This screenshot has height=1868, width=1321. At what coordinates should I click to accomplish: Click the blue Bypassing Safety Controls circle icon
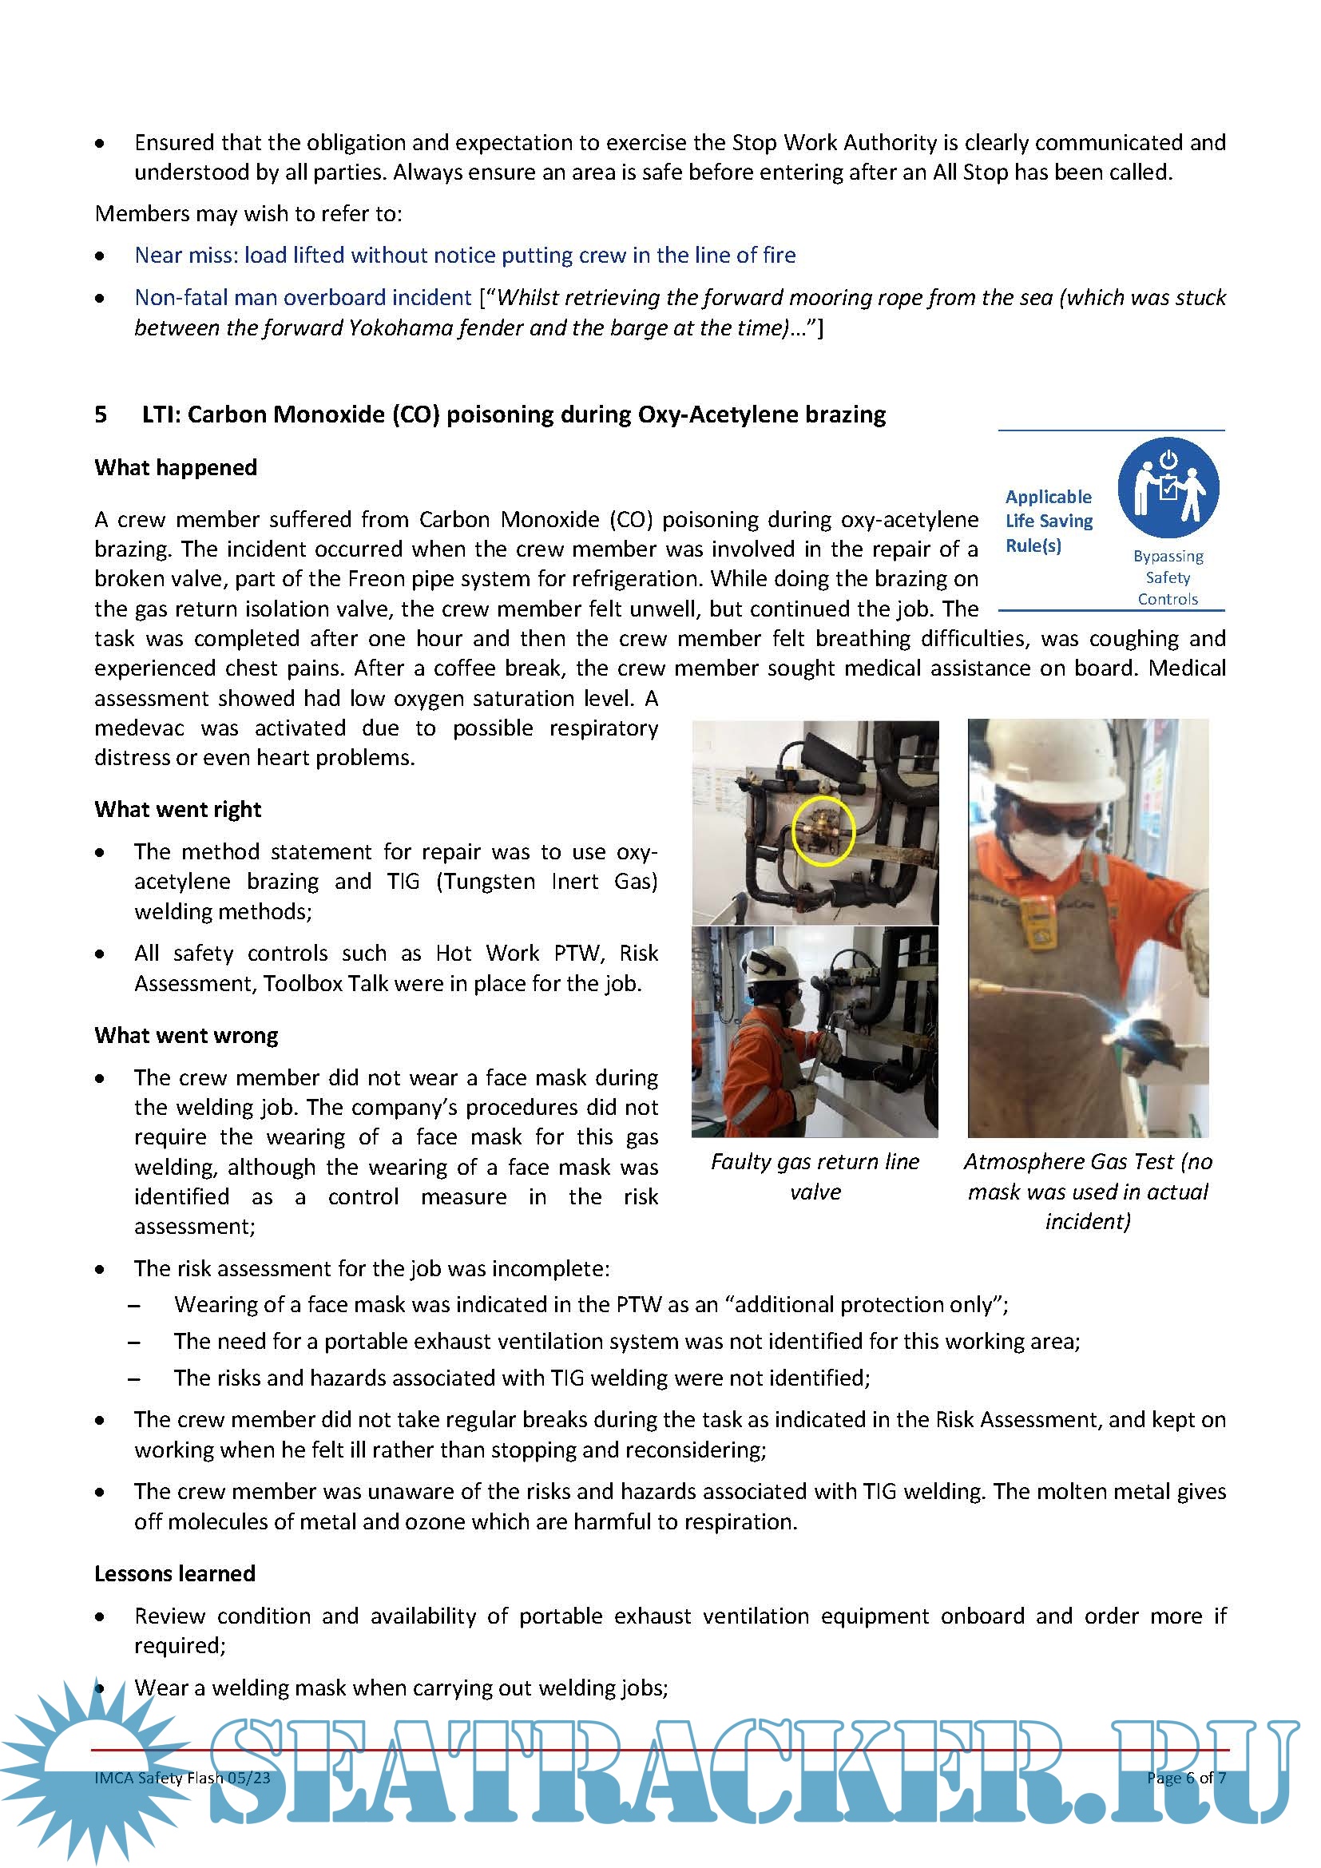(x=1168, y=487)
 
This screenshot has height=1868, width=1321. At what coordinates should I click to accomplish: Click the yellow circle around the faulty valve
(x=823, y=831)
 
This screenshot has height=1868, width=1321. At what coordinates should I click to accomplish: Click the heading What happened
(x=176, y=468)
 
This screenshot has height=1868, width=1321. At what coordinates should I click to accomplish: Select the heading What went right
(x=177, y=810)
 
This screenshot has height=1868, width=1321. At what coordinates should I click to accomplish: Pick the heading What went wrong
(x=186, y=1036)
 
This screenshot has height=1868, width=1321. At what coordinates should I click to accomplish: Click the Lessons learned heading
(x=175, y=1573)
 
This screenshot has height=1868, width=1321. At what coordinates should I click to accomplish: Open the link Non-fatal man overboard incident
(x=303, y=298)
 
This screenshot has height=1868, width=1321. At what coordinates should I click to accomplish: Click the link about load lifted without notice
(x=465, y=256)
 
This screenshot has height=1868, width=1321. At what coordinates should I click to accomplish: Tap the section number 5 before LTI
(x=101, y=415)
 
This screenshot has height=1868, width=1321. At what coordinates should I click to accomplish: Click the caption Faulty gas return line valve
(x=815, y=1176)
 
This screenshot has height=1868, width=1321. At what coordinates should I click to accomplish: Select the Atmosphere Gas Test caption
(x=1088, y=1191)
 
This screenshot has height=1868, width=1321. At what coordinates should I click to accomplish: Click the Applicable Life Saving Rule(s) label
(x=1049, y=521)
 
